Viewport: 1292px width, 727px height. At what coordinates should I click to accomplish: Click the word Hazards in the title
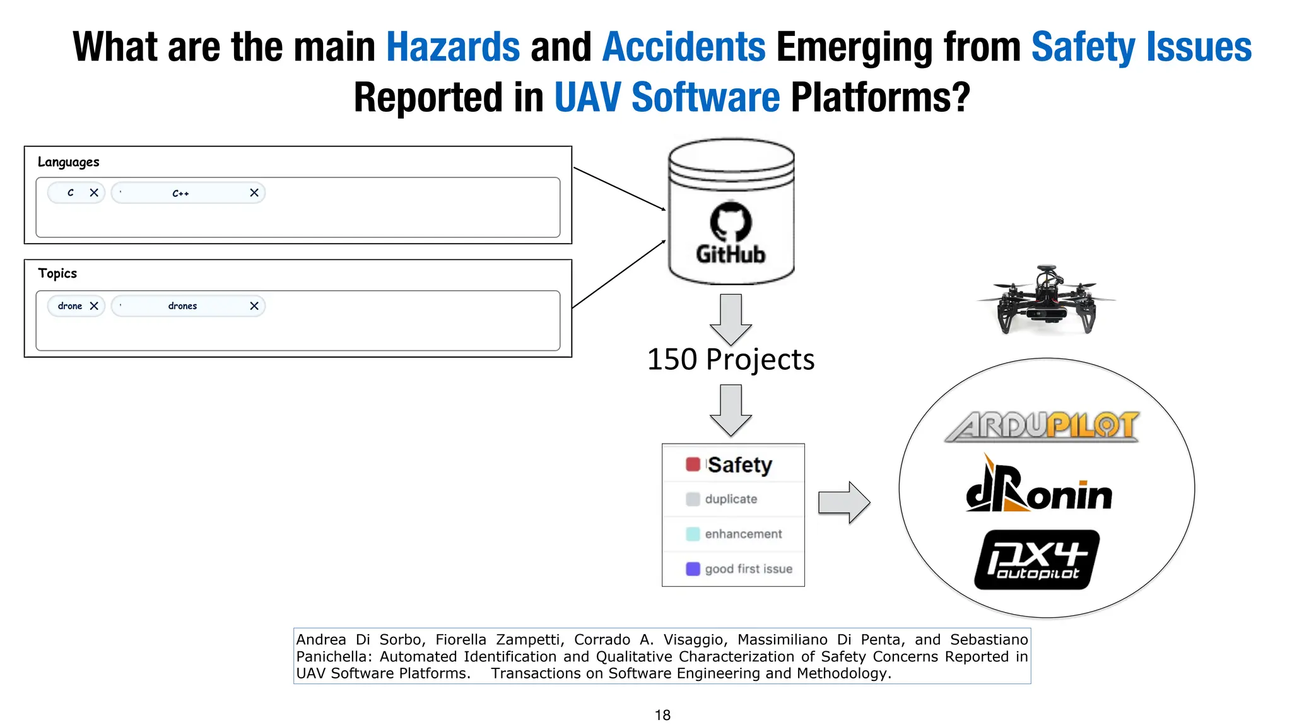[x=453, y=47]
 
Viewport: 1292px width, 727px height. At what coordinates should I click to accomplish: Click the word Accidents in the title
[x=684, y=47]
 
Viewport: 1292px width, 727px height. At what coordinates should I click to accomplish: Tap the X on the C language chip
[x=94, y=192]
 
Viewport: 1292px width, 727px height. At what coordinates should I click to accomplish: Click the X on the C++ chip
[x=254, y=192]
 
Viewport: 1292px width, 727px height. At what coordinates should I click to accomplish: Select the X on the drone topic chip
[x=94, y=306]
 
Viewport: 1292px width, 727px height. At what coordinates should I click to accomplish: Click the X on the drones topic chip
[x=254, y=306]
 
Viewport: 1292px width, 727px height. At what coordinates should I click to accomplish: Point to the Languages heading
[x=68, y=162]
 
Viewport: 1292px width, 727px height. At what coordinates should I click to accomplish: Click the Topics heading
[x=57, y=273]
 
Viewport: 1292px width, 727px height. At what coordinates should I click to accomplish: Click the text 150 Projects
[x=731, y=360]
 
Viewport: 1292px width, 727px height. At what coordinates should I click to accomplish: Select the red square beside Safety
[x=693, y=464]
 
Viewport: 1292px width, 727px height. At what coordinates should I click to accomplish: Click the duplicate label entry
[x=731, y=499]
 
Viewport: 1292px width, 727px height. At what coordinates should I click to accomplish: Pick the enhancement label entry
[x=743, y=534]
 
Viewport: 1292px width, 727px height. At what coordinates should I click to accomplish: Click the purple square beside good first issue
[x=693, y=569]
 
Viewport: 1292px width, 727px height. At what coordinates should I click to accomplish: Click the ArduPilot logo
[x=1042, y=426]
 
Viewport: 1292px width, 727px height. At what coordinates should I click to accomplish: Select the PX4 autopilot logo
[x=1037, y=560]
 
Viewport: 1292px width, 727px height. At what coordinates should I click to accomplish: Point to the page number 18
[x=662, y=715]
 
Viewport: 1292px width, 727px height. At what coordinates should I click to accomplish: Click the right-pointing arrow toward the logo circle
[x=844, y=502]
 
